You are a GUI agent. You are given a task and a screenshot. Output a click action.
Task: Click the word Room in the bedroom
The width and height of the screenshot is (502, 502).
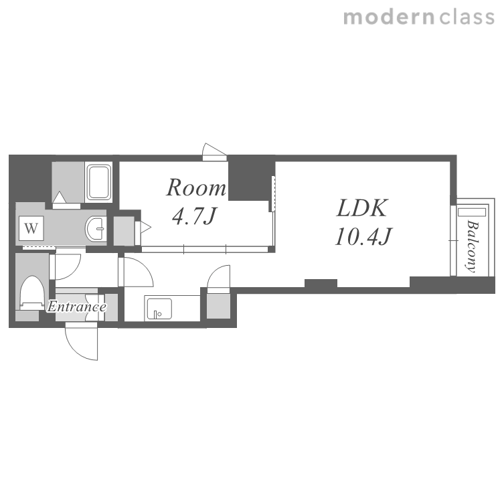click(x=196, y=187)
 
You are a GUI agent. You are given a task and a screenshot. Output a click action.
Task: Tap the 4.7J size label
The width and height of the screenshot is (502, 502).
click(x=195, y=216)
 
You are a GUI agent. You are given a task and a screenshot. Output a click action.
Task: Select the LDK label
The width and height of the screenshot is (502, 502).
click(x=362, y=208)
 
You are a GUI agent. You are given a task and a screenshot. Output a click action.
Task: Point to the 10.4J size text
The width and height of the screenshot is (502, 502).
click(x=363, y=236)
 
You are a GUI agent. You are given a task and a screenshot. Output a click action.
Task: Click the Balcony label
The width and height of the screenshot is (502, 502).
click(x=472, y=246)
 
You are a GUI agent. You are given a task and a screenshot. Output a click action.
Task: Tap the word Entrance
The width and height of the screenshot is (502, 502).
click(x=77, y=307)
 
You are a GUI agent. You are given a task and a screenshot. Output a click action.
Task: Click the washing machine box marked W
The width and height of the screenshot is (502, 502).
click(x=31, y=228)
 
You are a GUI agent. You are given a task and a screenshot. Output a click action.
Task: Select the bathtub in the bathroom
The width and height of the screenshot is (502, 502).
click(x=99, y=182)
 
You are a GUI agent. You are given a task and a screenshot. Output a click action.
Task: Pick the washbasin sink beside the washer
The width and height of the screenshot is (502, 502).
click(x=96, y=228)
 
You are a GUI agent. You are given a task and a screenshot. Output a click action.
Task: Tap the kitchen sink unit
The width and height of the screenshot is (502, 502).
click(x=159, y=309)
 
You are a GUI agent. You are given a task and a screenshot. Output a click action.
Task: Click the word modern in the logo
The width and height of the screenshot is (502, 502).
click(x=389, y=17)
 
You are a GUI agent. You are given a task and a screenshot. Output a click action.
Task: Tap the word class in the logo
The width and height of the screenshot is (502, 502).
click(x=467, y=17)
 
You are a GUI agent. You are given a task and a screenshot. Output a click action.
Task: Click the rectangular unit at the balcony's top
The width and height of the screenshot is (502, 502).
click(x=472, y=212)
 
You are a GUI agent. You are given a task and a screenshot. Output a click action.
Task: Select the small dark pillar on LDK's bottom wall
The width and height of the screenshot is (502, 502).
click(x=321, y=284)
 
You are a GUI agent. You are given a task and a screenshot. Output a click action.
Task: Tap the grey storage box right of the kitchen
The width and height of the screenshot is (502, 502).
click(x=218, y=307)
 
